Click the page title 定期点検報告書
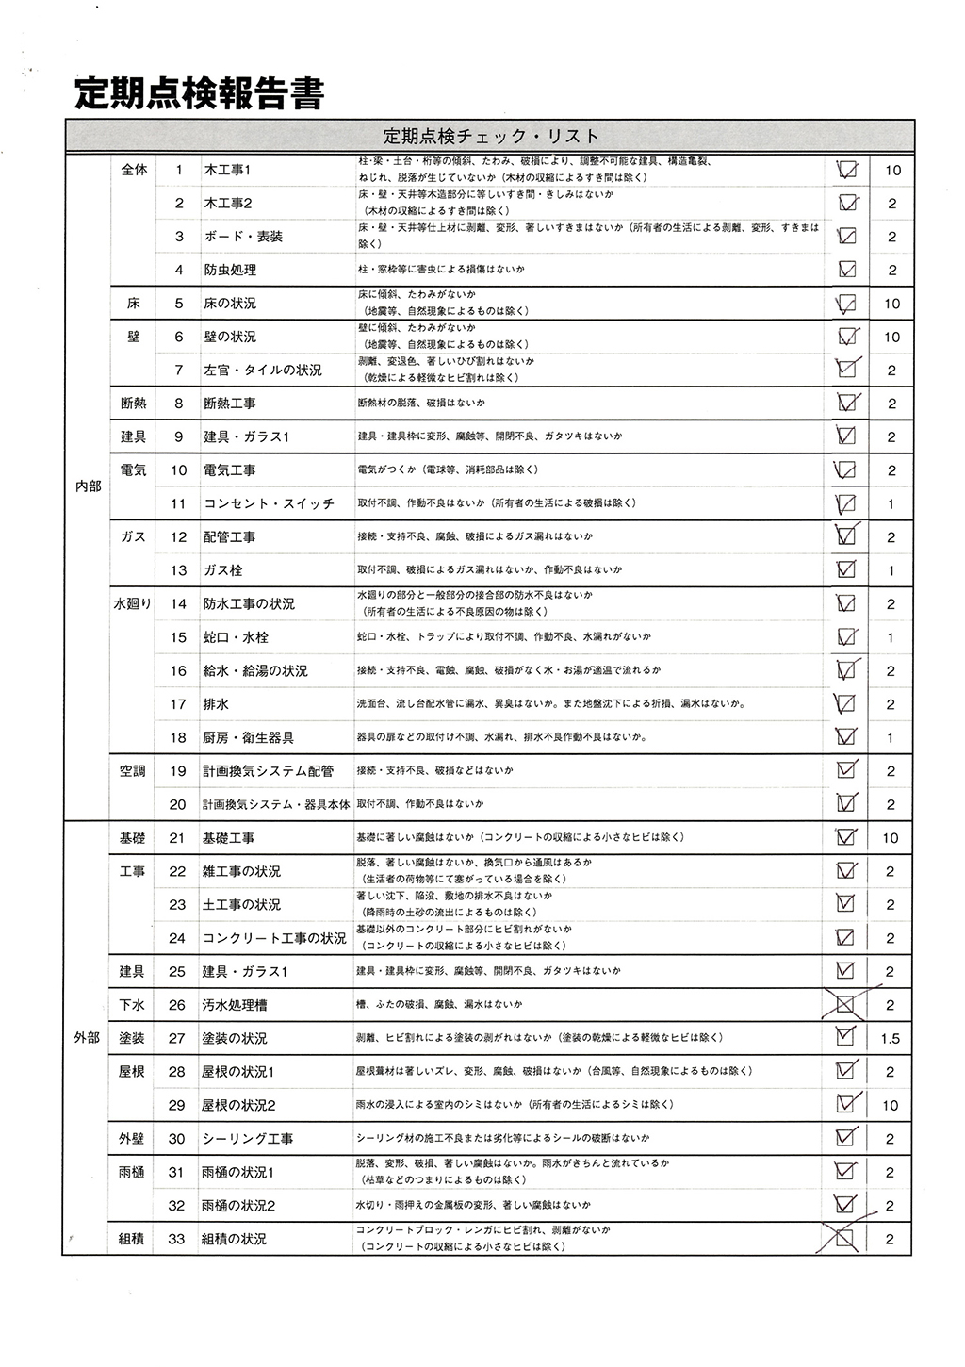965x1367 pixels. [x=200, y=94]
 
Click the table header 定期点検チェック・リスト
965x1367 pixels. [x=490, y=136]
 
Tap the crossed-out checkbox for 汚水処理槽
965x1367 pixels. [x=845, y=1005]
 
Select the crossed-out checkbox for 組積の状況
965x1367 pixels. [x=845, y=1238]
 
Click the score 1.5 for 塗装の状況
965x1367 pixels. [x=890, y=1039]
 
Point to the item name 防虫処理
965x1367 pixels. [x=230, y=271]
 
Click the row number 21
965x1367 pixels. [x=177, y=838]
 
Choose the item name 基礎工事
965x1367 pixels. [x=228, y=838]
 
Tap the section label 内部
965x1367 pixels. [x=87, y=486]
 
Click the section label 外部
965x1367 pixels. [x=87, y=1038]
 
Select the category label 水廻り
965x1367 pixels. [x=132, y=603]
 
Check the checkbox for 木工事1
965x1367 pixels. [x=846, y=171]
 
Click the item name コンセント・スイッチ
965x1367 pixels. [x=269, y=504]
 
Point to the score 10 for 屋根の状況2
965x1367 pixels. [x=890, y=1105]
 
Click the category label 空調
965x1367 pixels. [x=132, y=771]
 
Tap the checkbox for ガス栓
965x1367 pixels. [x=846, y=569]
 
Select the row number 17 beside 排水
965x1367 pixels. [x=178, y=704]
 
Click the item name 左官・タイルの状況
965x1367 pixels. [x=262, y=371]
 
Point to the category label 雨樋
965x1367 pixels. [x=132, y=1172]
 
